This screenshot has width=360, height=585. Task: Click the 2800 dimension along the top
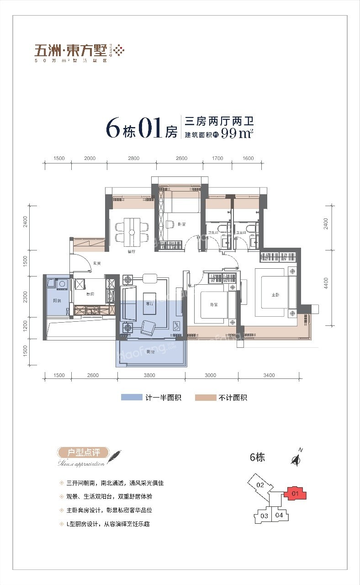click(133, 158)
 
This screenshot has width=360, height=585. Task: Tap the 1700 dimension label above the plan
click(217, 158)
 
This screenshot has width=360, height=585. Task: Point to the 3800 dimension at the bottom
click(149, 375)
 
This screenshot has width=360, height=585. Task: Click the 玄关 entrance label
click(97, 263)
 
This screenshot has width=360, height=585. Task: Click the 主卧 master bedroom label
click(275, 295)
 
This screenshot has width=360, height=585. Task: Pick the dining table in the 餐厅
click(132, 231)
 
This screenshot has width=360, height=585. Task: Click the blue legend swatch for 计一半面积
click(132, 398)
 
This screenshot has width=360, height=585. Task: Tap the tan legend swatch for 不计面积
click(206, 398)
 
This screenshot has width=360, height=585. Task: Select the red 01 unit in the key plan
click(295, 494)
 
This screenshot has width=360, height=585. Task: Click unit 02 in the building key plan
click(260, 485)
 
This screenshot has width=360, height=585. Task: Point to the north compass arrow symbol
click(296, 459)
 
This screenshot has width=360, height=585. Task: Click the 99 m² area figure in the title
click(237, 133)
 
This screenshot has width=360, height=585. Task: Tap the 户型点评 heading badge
click(84, 453)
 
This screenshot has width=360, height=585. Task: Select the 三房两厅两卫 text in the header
click(219, 122)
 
